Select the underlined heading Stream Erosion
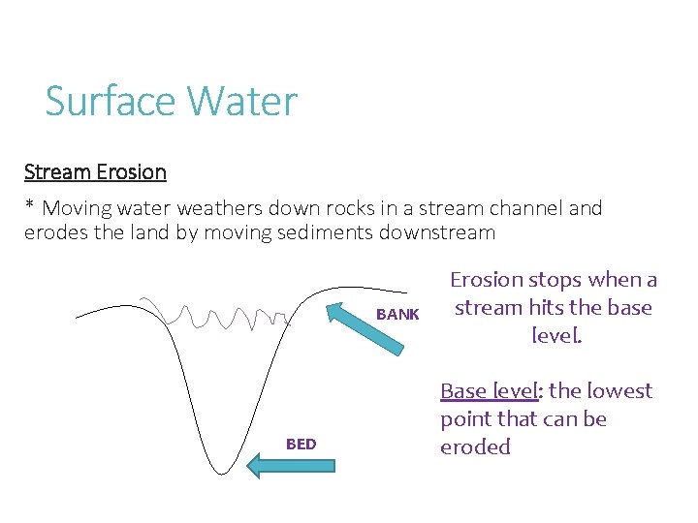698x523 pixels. (x=95, y=172)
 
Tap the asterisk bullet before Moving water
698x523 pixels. (x=30, y=206)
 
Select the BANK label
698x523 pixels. (x=397, y=315)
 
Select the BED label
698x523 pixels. (x=301, y=445)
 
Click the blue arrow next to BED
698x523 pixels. (x=290, y=465)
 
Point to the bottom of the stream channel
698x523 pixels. (x=223, y=471)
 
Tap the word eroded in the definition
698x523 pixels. (x=475, y=446)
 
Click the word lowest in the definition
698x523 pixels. (x=620, y=391)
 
